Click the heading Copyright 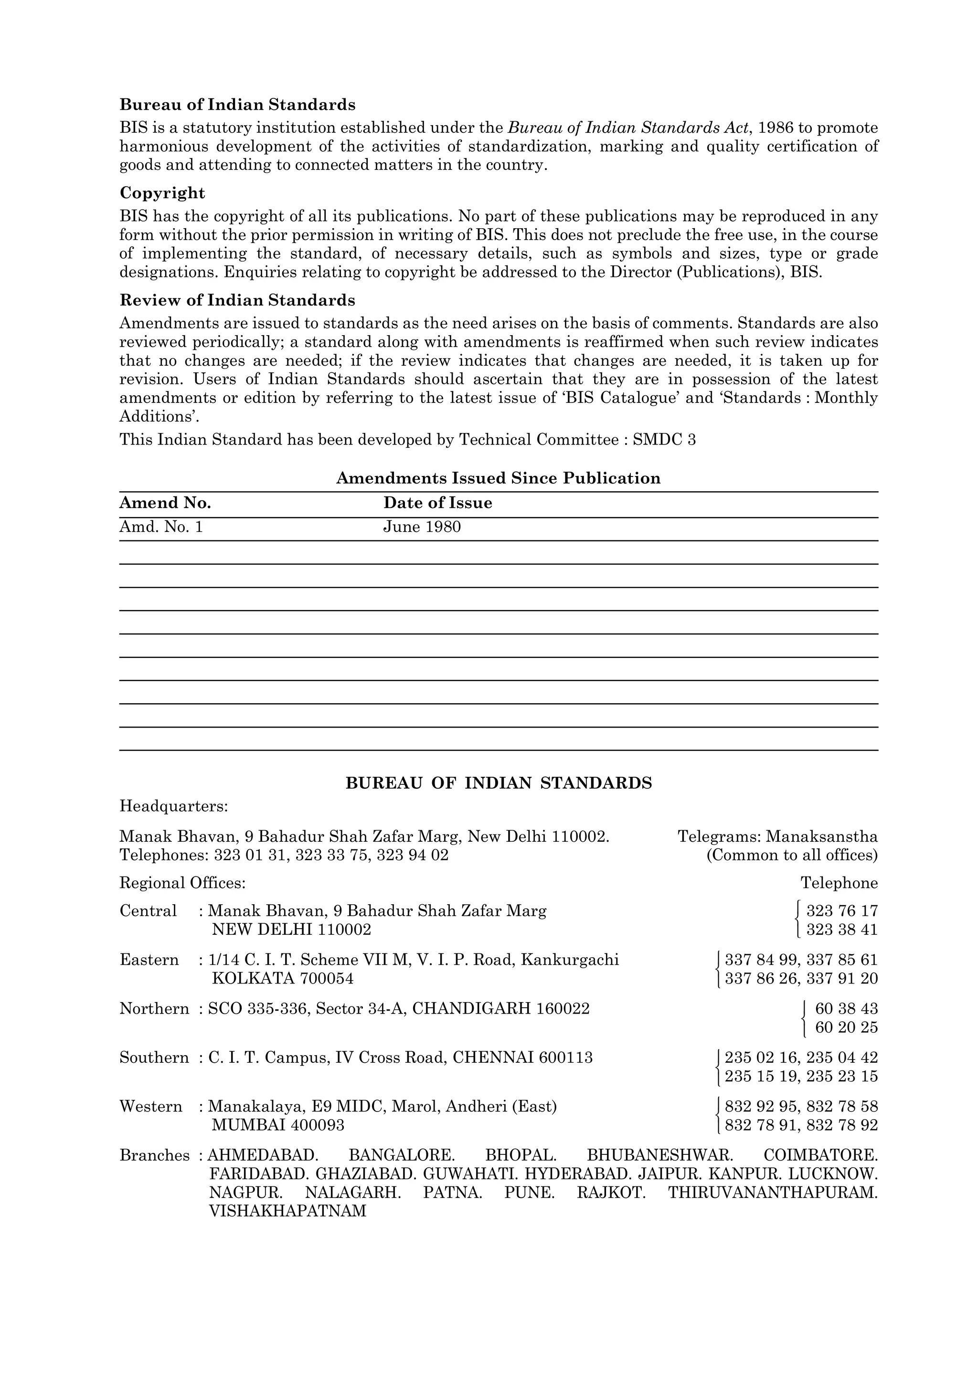point(162,193)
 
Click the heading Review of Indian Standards point(237,300)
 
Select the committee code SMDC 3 point(664,440)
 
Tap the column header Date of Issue point(437,503)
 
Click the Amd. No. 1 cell point(161,527)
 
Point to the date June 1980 point(422,527)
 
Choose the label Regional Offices point(182,883)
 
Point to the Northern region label point(154,1009)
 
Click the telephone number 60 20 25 point(846,1027)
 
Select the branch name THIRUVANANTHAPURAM point(772,1193)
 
